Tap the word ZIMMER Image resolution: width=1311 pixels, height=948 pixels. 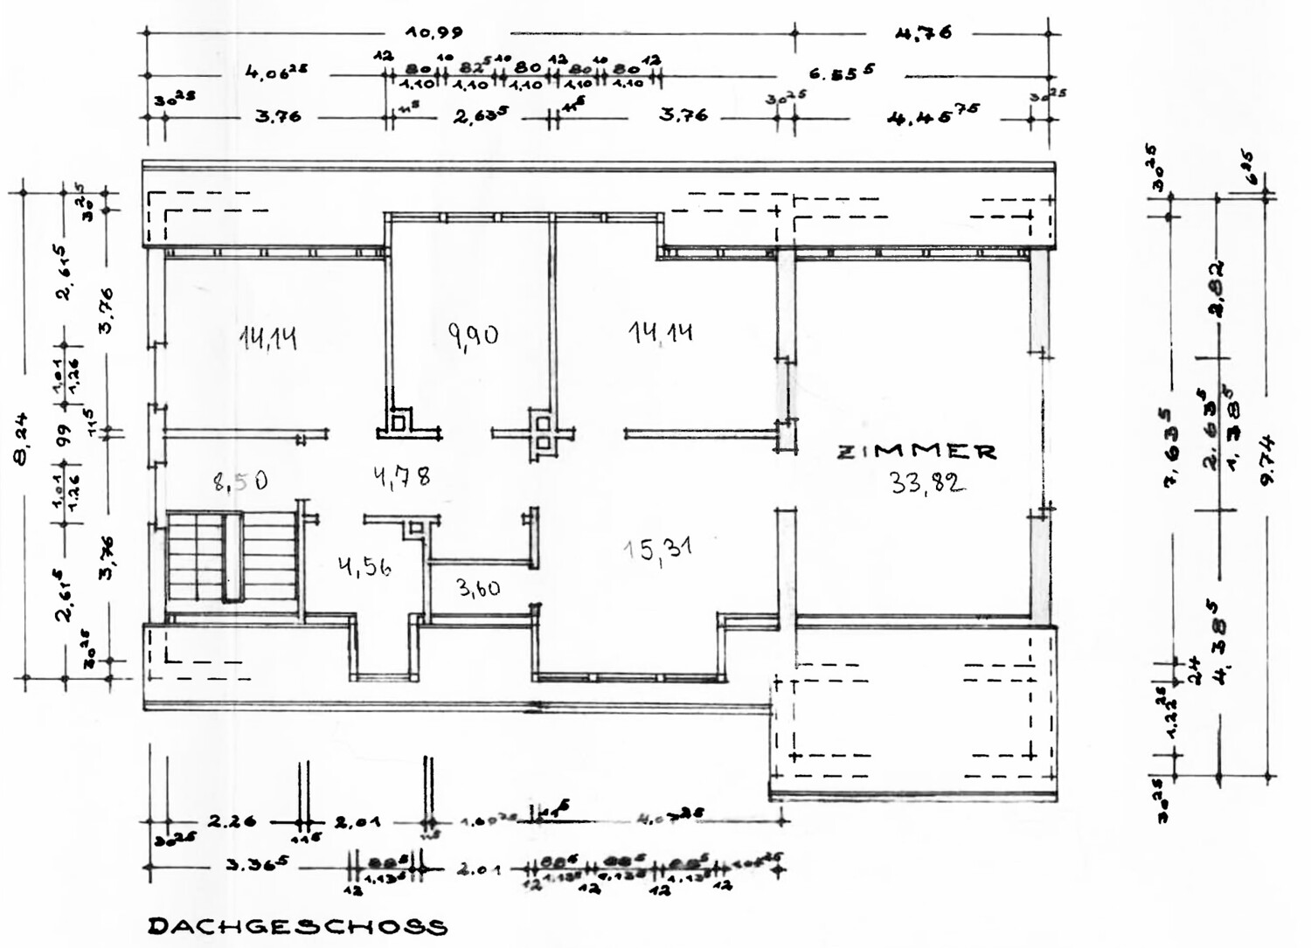(917, 452)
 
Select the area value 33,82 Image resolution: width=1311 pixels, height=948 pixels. (927, 481)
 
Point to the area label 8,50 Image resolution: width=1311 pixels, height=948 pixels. (239, 480)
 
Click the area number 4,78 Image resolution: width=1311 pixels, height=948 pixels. (401, 477)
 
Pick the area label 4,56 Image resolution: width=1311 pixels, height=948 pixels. (364, 567)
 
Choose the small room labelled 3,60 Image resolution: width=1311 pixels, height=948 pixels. (478, 588)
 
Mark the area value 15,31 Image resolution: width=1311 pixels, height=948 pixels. (658, 550)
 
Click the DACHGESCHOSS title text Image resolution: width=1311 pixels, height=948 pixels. (297, 926)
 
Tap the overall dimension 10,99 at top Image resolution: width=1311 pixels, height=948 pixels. (434, 32)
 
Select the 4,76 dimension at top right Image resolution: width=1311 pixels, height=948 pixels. (923, 33)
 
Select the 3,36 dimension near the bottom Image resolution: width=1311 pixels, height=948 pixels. (253, 868)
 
